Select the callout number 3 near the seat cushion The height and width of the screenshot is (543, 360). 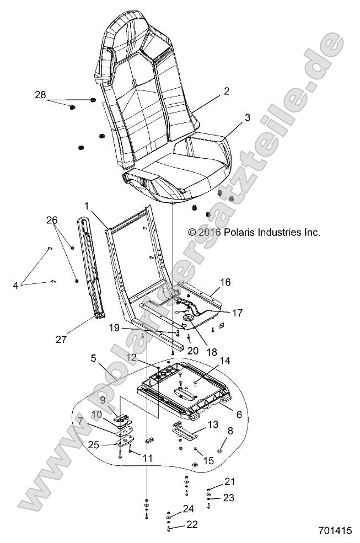[232, 117]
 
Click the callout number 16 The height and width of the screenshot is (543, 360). [225, 282]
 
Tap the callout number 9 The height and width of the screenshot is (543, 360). [102, 400]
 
